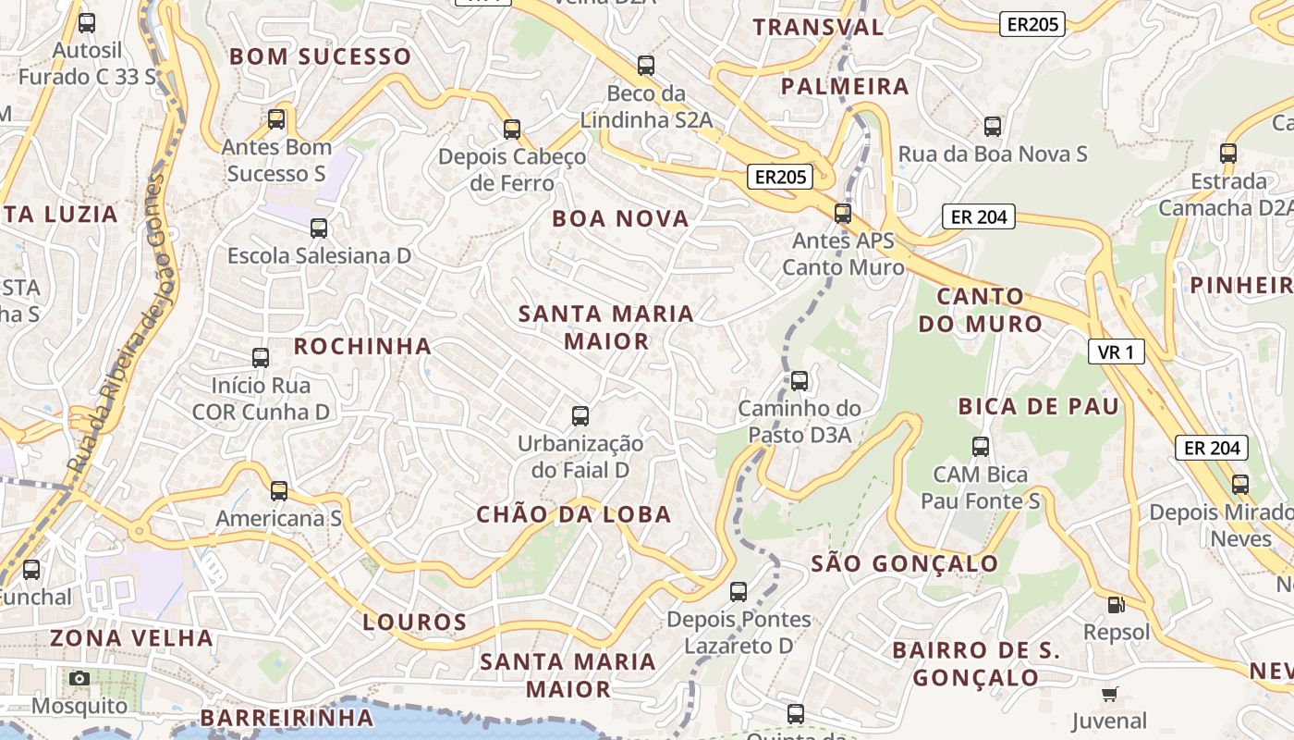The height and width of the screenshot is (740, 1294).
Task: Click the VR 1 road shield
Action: tap(1117, 351)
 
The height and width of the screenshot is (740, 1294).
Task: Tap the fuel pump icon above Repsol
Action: tap(1117, 605)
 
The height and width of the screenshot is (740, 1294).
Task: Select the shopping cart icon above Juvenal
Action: tap(1109, 694)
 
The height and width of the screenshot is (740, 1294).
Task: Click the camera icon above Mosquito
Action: tap(79, 678)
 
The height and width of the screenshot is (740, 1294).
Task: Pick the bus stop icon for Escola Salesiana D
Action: tap(319, 228)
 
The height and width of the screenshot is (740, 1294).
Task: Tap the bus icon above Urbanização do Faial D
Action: tap(580, 416)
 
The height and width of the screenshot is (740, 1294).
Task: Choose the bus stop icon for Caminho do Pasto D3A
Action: tap(800, 380)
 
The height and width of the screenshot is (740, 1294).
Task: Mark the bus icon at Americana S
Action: tap(279, 491)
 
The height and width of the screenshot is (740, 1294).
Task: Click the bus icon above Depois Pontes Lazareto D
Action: tap(739, 592)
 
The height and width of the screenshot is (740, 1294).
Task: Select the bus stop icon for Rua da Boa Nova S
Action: tap(993, 127)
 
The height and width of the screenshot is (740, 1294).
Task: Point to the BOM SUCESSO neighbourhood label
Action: tap(320, 56)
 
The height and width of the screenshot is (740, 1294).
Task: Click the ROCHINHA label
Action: tap(362, 346)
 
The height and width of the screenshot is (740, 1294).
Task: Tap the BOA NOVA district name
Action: tap(620, 219)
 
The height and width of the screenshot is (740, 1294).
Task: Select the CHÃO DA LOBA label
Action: tap(573, 514)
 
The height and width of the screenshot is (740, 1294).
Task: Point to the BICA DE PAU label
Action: tap(1038, 406)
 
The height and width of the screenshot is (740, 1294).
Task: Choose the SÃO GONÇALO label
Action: tap(904, 563)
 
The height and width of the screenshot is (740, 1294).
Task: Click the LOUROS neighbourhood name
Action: tap(414, 622)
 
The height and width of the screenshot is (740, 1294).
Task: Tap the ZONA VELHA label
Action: tap(131, 637)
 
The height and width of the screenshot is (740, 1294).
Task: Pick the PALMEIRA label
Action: tap(845, 87)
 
